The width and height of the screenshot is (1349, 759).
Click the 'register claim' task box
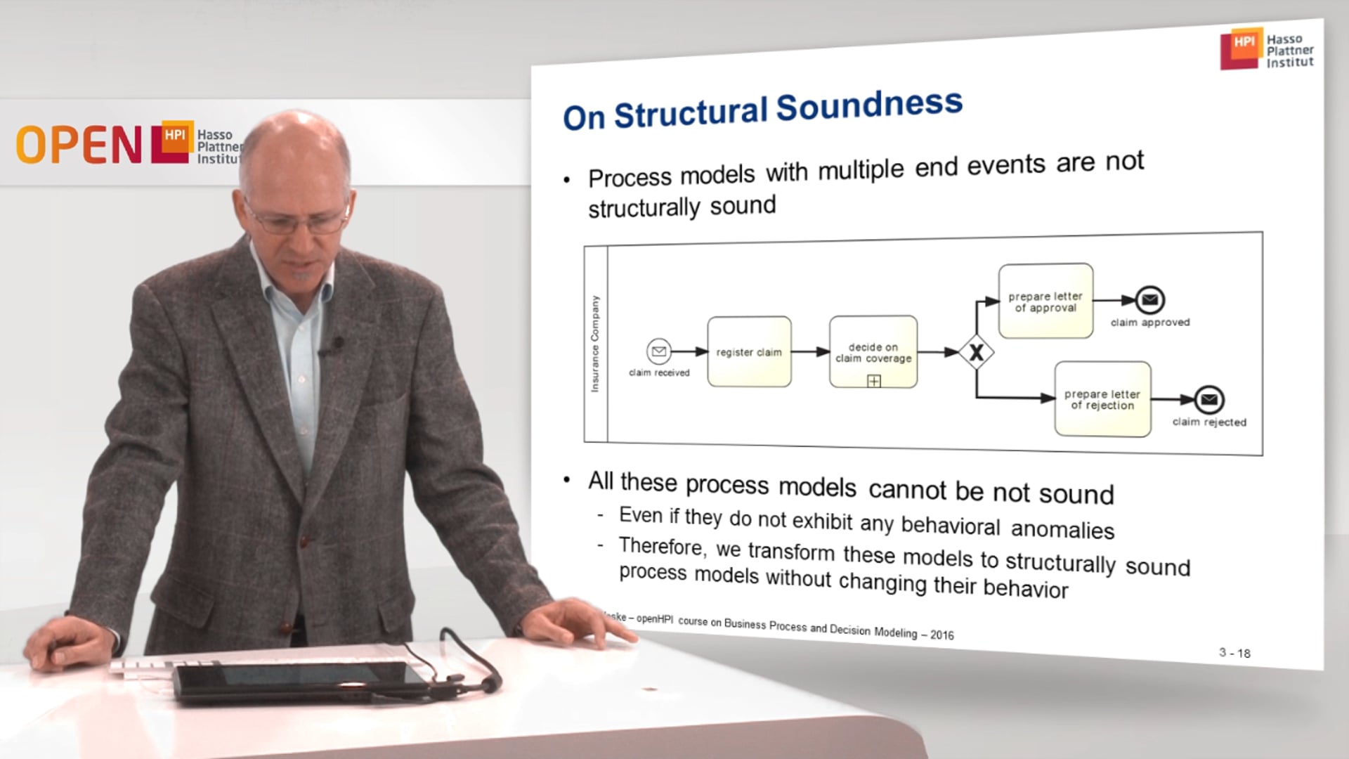coord(749,351)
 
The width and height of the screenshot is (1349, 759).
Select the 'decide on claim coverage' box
coord(873,351)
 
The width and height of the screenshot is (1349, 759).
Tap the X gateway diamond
coord(977,353)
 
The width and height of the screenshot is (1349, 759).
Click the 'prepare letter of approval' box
coord(1045,301)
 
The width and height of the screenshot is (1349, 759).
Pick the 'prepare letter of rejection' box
coord(1102,399)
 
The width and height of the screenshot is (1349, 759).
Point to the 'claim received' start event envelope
coord(658,350)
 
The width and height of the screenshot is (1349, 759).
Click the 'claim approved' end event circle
coord(1149,300)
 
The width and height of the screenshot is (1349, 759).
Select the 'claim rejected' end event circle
coord(1208,400)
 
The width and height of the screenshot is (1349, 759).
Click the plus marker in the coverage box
coord(873,381)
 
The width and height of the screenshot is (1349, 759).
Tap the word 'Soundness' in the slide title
coord(868,106)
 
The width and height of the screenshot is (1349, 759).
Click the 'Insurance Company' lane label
coord(595,344)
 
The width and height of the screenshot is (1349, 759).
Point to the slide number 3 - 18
coord(1234,653)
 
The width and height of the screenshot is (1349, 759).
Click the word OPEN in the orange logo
coord(79,145)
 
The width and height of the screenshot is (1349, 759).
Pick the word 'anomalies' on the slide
coord(1062,529)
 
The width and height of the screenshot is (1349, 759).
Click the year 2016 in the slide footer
coord(941,635)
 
